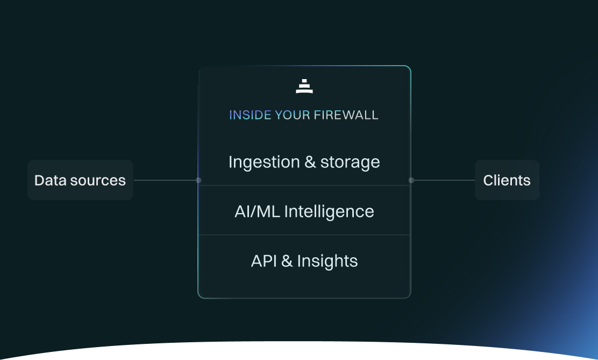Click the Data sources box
point(80,180)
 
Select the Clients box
point(507,180)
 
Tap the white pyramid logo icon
point(304,86)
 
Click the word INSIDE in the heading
point(250,115)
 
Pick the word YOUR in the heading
point(293,115)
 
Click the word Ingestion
point(264,162)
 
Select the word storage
point(350,162)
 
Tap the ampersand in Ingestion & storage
point(310,162)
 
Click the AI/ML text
point(258,211)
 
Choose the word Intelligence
point(329,211)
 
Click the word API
point(264,261)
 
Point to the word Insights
point(327,261)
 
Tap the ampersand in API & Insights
point(287,261)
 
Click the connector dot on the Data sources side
point(198,180)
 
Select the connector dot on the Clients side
point(411,180)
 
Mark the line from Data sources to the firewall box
point(165,180)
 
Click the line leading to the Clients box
point(444,180)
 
